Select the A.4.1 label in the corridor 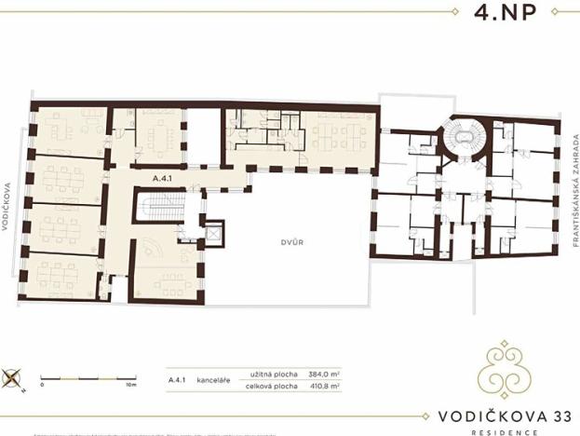[164, 175]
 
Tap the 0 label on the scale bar [42, 386]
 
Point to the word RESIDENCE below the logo [504, 431]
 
